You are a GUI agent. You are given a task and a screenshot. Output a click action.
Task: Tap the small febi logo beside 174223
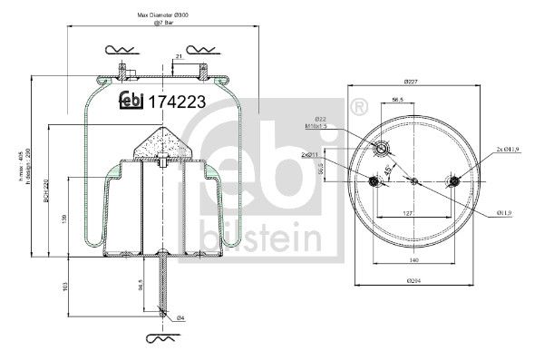[x=131, y=100]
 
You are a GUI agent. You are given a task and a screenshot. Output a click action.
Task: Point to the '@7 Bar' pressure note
[x=164, y=24]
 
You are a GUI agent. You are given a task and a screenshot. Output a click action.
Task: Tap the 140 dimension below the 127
[x=413, y=261]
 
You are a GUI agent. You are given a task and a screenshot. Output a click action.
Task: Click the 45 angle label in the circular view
[x=391, y=171]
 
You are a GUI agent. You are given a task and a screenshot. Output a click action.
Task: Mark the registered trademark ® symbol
[x=356, y=105]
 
